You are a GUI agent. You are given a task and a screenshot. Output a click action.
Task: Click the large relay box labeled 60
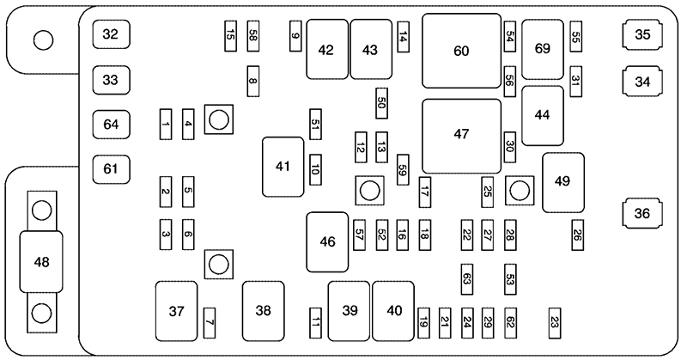click(x=461, y=51)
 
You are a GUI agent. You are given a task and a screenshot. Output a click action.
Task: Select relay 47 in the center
click(x=461, y=135)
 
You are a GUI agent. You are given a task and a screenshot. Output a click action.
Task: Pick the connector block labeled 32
click(x=111, y=35)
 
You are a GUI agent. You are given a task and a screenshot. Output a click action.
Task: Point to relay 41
click(x=283, y=166)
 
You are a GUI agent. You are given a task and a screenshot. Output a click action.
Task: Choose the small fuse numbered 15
click(x=230, y=34)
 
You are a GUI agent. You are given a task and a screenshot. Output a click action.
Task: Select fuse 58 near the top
click(x=252, y=34)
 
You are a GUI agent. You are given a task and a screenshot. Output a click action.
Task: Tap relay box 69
click(x=542, y=49)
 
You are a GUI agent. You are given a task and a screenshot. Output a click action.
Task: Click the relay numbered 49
click(x=562, y=182)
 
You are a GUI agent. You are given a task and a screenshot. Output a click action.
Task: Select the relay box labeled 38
click(x=263, y=311)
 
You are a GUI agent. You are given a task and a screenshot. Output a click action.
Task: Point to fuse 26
click(x=578, y=233)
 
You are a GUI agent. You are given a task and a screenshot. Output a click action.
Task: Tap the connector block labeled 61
click(x=111, y=169)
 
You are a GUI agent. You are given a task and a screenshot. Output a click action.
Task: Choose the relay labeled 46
click(x=327, y=242)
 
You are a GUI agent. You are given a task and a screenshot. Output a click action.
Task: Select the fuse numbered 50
click(x=381, y=104)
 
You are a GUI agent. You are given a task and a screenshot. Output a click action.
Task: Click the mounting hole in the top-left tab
click(x=41, y=40)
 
